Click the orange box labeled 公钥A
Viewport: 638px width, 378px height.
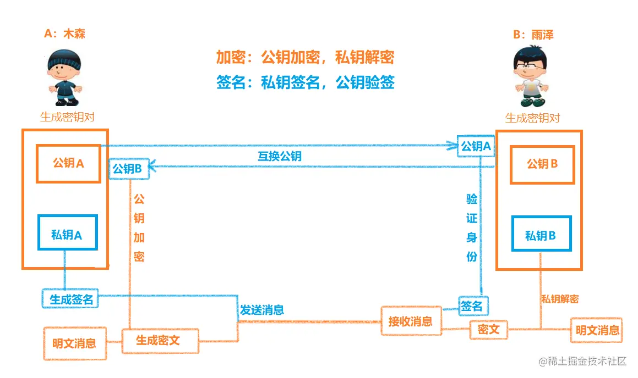(68, 163)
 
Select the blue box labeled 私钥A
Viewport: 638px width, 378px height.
(67, 235)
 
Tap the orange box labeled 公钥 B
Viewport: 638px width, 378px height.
(542, 164)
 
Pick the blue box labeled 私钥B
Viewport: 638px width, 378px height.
(541, 236)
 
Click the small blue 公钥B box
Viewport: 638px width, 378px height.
(128, 169)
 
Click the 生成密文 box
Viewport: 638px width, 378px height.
(159, 340)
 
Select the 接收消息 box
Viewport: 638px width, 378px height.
(410, 321)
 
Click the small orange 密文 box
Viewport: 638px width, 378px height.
(488, 329)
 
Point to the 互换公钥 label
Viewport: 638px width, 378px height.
(280, 156)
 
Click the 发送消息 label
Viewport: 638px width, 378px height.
(261, 310)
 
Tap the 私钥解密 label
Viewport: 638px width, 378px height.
(560, 299)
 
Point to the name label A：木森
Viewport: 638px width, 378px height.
(64, 34)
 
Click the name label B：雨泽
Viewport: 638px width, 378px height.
(533, 35)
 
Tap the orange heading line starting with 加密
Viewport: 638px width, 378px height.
(305, 58)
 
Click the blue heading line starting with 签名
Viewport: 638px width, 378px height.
(305, 83)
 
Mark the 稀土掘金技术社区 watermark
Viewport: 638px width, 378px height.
(582, 361)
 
